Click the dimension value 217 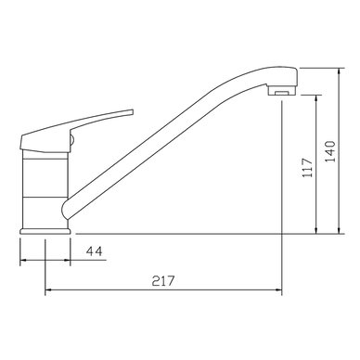pos(163,281)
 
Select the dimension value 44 pos(94,251)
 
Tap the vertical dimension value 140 pos(330,151)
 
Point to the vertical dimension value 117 pos(307,167)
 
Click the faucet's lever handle pos(74,130)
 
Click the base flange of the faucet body pos(45,231)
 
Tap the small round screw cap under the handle pos(72,141)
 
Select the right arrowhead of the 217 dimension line pos(279,290)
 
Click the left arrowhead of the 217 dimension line pos(48,290)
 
